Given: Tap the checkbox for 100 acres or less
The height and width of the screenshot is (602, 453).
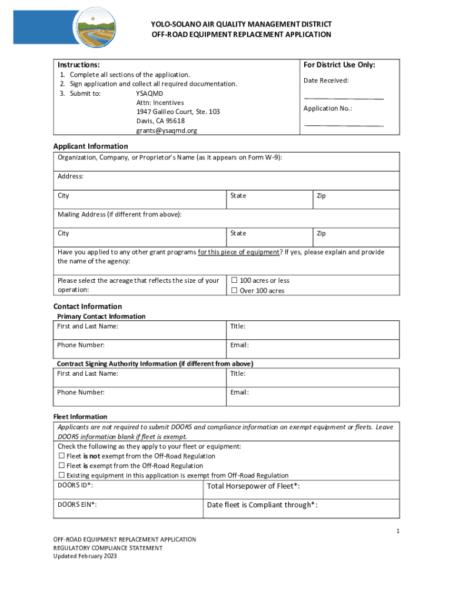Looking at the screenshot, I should [x=234, y=280].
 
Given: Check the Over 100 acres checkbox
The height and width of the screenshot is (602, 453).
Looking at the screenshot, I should [x=234, y=290].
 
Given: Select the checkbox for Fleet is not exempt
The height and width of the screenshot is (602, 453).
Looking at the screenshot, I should [x=61, y=456].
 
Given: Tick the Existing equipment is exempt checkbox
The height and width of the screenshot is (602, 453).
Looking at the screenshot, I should [x=61, y=476].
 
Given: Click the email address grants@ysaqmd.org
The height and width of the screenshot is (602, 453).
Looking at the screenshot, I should [x=166, y=131].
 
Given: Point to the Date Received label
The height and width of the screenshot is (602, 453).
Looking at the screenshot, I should [x=326, y=81].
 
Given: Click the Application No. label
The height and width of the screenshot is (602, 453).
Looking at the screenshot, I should [x=328, y=109].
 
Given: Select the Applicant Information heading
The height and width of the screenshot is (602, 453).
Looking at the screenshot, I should [x=91, y=146].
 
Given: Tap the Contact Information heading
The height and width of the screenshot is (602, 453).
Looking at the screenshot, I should [x=88, y=306].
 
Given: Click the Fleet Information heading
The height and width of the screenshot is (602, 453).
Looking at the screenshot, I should [x=80, y=417].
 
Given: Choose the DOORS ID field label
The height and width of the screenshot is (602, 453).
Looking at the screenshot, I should [x=75, y=486].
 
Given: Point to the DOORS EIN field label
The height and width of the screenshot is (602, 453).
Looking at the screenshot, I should [x=77, y=504].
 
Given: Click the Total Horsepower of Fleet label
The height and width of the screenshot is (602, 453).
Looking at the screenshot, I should [x=254, y=486].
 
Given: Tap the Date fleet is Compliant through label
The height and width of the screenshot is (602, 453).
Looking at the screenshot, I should [x=262, y=505].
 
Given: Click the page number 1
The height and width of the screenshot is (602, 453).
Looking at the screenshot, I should [x=398, y=531].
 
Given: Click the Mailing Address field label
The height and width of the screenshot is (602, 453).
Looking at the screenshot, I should [x=119, y=215].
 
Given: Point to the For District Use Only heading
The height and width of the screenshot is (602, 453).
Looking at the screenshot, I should [x=339, y=65].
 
